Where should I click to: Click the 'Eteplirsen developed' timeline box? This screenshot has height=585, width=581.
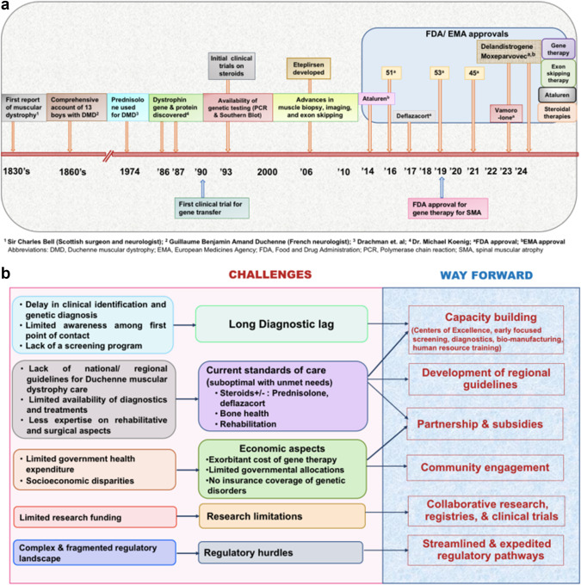point(309,68)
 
